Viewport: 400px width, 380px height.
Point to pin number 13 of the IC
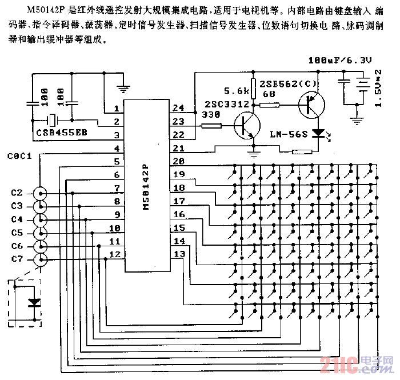click(179, 254)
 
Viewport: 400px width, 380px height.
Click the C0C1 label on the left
click(21, 156)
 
